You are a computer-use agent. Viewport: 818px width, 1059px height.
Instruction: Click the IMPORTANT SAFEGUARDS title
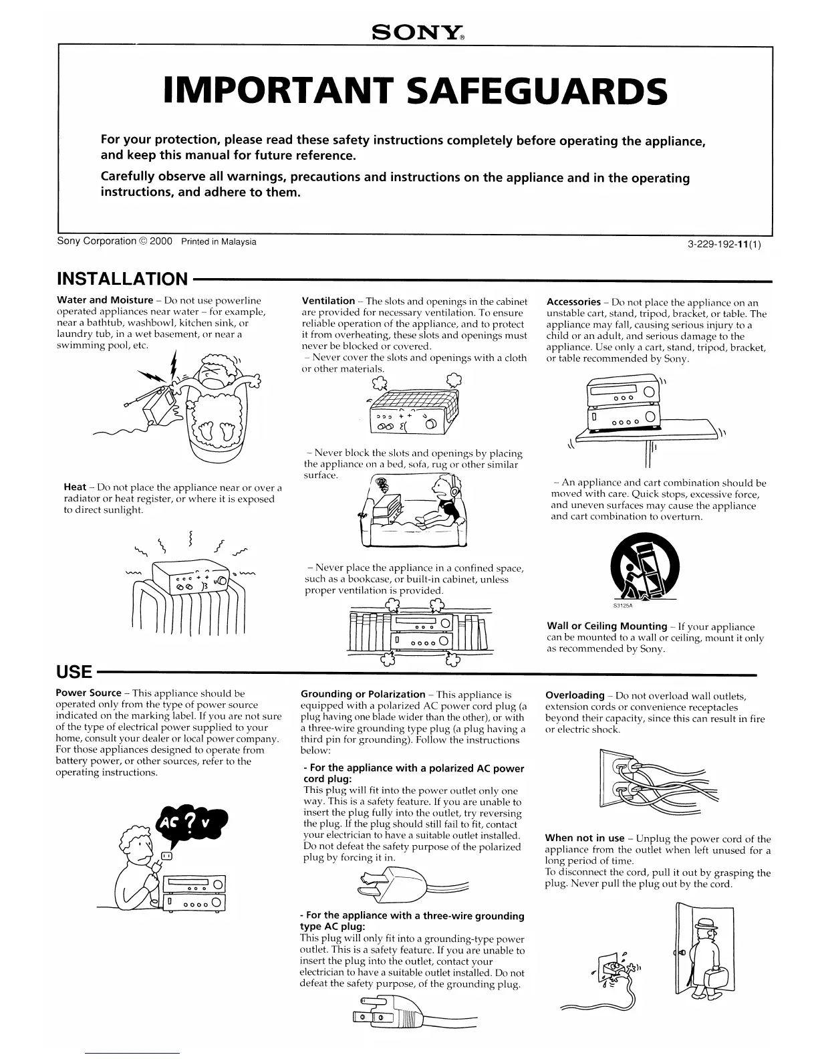coord(415,92)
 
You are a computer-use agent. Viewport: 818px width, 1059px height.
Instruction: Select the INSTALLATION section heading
coord(123,279)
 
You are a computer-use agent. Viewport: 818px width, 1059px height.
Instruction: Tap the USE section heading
coord(74,670)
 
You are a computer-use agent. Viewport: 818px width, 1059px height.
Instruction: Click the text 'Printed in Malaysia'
coord(219,241)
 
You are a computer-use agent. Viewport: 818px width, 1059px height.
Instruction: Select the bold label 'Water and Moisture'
coord(105,300)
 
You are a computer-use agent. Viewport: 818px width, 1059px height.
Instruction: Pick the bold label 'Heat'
coord(75,487)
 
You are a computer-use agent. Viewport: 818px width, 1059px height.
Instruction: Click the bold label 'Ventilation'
coord(328,301)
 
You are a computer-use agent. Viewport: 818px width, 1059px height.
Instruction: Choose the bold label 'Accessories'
coord(573,302)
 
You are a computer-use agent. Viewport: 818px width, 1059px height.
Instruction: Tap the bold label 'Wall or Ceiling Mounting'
coord(607,626)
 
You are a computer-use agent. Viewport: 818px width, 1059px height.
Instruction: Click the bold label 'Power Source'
coord(88,693)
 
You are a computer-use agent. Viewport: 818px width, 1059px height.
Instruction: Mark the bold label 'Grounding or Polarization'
coord(363,695)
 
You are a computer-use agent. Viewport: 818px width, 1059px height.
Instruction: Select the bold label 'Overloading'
coord(575,695)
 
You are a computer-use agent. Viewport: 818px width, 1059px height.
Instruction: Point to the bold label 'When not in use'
coord(585,838)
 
